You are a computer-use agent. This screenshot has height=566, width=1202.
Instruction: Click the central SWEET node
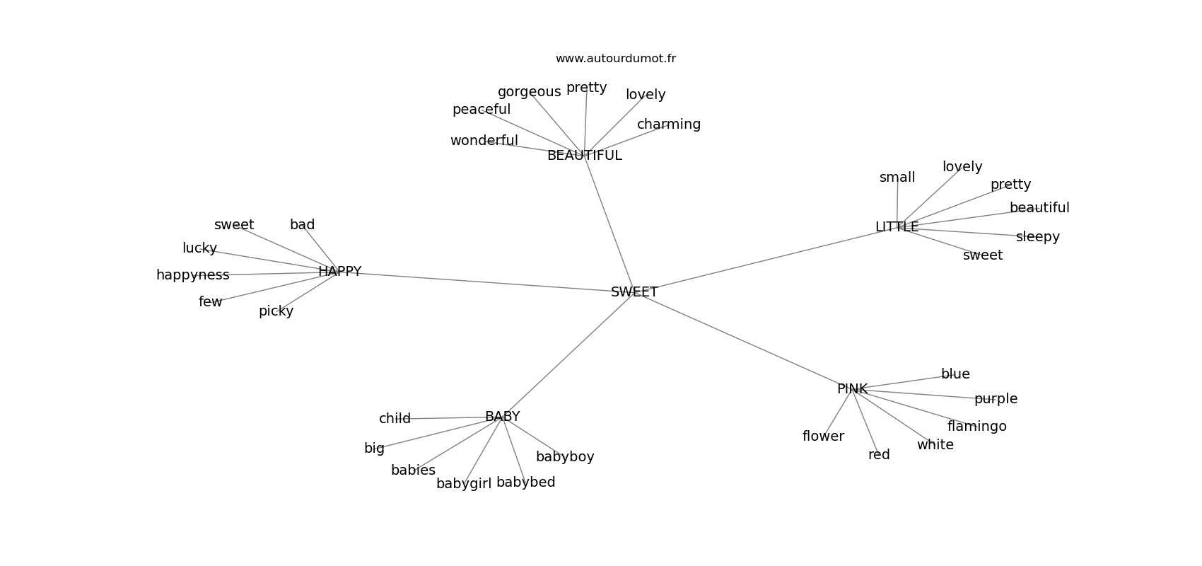point(634,291)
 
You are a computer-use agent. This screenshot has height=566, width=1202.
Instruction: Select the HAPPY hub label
point(339,271)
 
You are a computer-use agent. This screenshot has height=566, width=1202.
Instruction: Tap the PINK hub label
point(852,388)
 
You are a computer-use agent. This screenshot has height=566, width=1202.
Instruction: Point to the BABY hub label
point(502,416)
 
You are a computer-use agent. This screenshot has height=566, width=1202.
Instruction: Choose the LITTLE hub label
point(897,226)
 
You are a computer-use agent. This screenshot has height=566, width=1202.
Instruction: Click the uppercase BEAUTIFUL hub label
point(584,155)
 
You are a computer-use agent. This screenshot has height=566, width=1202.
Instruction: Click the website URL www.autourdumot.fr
point(615,59)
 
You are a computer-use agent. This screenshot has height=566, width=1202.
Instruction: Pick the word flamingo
point(976,427)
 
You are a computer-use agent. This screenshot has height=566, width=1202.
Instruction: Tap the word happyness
point(192,275)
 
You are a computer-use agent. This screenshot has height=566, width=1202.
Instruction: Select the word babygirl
point(464,484)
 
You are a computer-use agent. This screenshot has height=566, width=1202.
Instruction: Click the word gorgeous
point(529,92)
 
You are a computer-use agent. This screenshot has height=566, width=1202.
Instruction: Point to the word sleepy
point(1037,237)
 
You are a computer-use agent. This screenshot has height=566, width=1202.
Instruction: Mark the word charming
point(669,124)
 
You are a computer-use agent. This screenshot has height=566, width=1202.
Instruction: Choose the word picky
point(276,311)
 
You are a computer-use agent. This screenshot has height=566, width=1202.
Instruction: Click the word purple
point(996,399)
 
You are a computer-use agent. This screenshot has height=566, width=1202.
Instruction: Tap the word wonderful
point(484,141)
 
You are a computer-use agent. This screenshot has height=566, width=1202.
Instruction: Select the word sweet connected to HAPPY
point(234,224)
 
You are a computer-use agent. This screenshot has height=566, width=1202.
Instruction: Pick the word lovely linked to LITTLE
point(962,167)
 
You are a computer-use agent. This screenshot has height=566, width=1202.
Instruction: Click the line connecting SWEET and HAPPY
point(486,282)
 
